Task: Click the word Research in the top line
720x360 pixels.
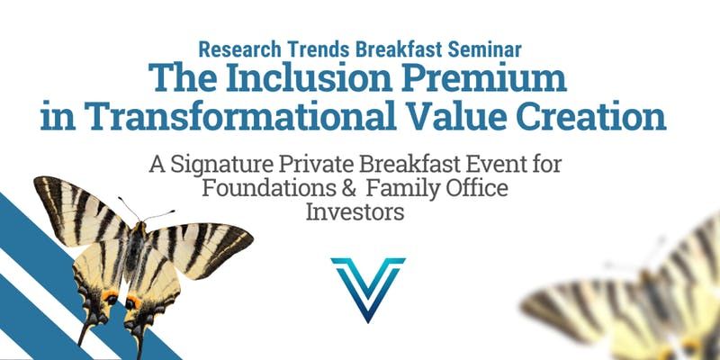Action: coord(239,49)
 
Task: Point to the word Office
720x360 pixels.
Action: coord(481,189)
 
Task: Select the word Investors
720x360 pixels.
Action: coord(355,212)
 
